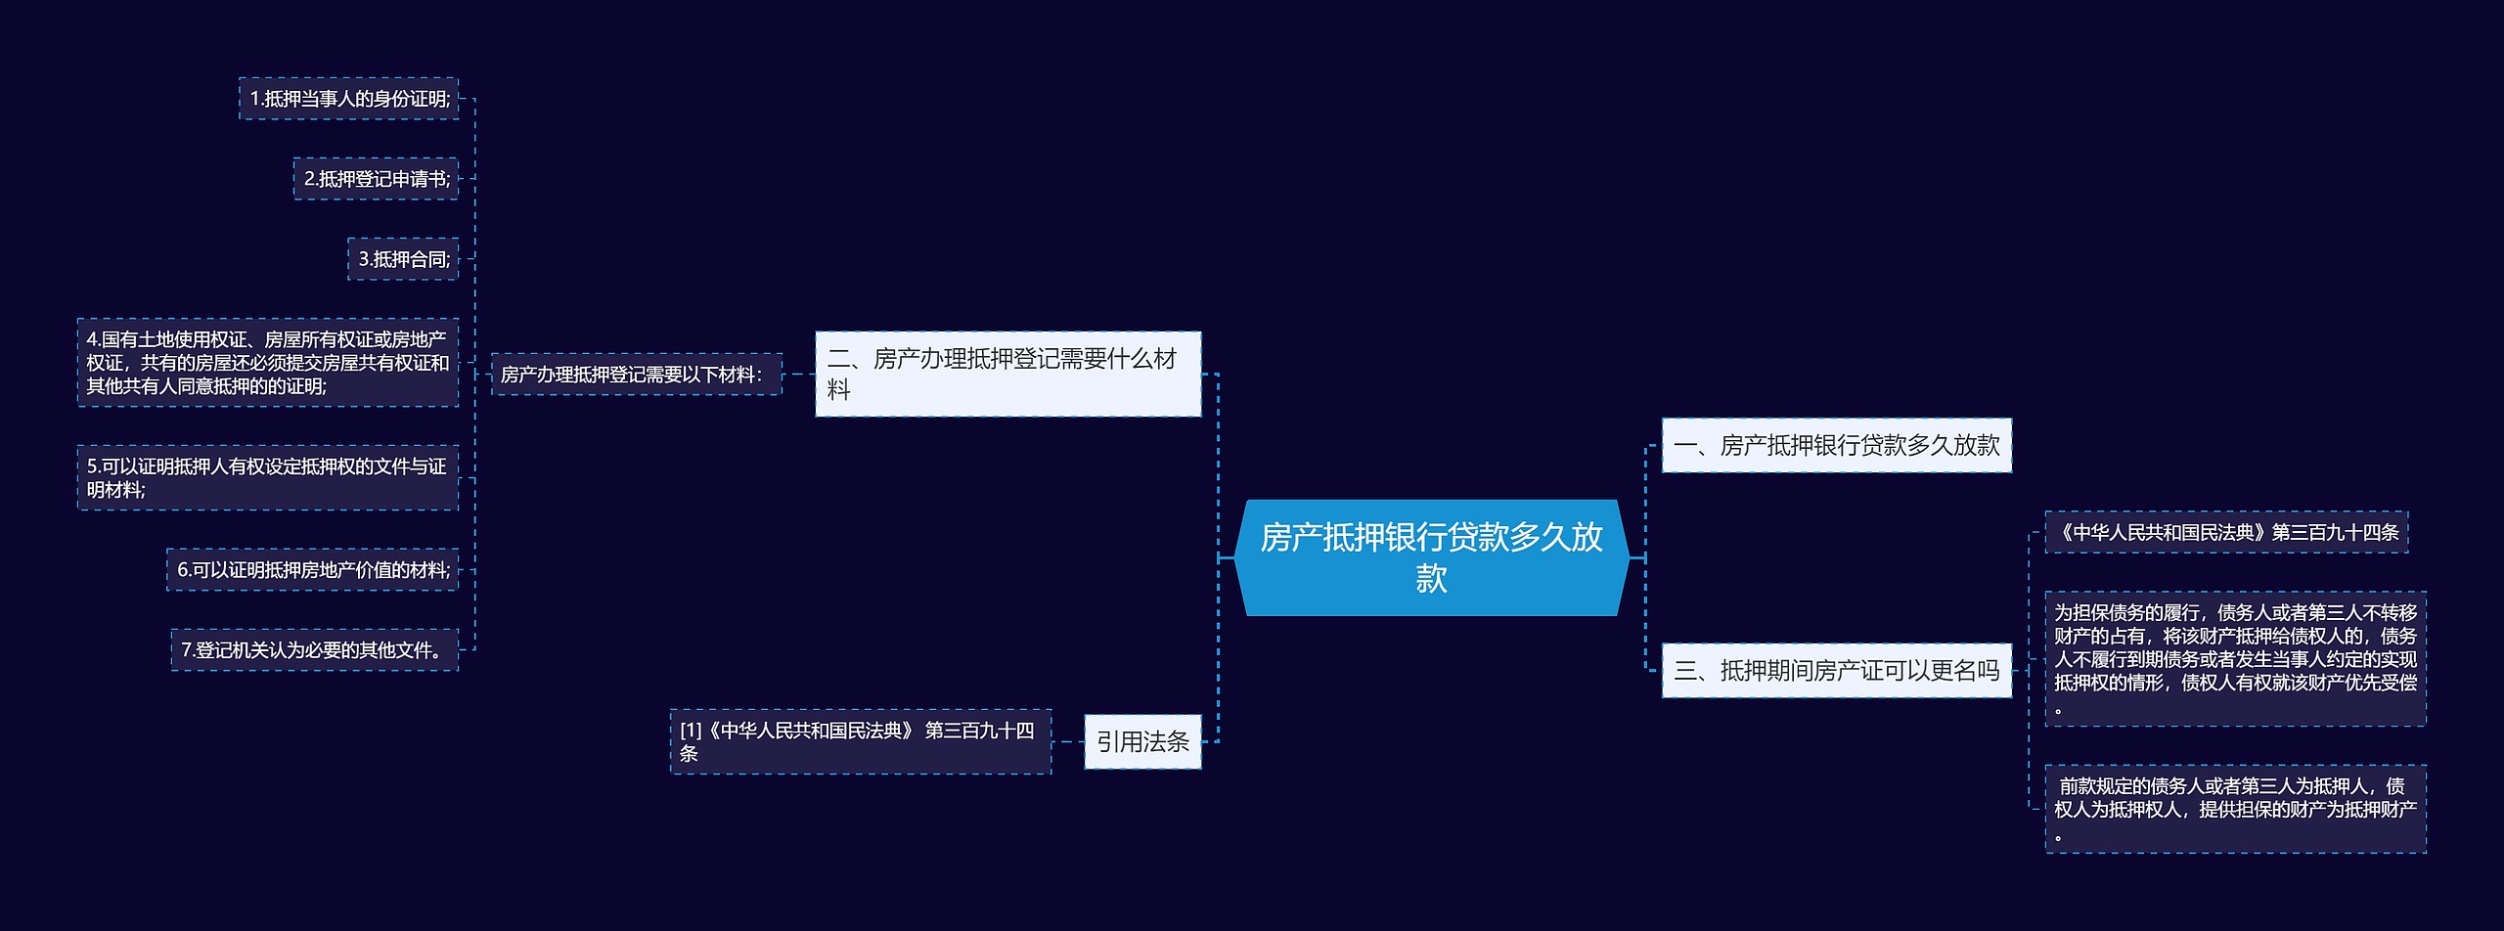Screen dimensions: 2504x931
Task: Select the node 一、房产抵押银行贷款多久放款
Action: (x=1836, y=446)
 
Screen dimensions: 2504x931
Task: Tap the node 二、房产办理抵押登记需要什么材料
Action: (x=1007, y=374)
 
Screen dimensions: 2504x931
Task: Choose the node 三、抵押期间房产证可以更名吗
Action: (x=1836, y=671)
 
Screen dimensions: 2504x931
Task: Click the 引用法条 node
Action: (x=1141, y=742)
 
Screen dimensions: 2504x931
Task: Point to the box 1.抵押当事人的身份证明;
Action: (x=349, y=99)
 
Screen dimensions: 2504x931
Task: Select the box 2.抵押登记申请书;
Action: (x=376, y=179)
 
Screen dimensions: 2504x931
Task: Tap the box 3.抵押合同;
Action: (x=403, y=259)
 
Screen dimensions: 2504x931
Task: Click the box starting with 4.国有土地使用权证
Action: (x=267, y=363)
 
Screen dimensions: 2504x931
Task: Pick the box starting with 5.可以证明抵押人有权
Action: (x=267, y=478)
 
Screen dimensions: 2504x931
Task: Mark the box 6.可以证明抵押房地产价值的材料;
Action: (x=312, y=570)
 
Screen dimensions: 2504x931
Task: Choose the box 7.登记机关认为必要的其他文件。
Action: (x=314, y=650)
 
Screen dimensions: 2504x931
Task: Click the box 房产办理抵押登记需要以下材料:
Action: (x=636, y=375)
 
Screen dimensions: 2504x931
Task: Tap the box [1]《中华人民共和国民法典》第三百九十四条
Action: (x=860, y=742)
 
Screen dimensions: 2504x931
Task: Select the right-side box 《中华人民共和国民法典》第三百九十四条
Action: (x=2226, y=533)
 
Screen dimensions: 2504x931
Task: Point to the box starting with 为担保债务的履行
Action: (x=2235, y=659)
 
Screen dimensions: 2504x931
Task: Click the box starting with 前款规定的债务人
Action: (x=2235, y=809)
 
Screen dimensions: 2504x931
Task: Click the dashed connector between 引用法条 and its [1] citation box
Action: (x=1068, y=742)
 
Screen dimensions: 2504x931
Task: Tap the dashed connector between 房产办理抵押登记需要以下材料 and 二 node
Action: (x=799, y=374)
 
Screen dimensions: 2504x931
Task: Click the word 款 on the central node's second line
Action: (x=1431, y=579)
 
